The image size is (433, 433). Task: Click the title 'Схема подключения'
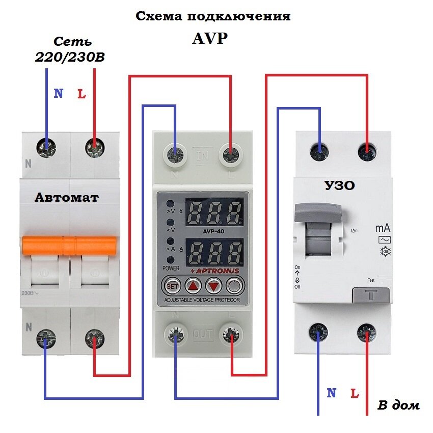click(213, 16)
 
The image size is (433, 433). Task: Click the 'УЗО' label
click(339, 186)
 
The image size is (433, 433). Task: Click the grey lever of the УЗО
click(317, 211)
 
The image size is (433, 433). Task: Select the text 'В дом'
click(398, 405)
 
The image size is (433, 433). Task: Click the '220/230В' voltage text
click(70, 58)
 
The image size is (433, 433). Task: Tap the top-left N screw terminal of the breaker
click(46, 148)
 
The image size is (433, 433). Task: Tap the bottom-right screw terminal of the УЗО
click(366, 334)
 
